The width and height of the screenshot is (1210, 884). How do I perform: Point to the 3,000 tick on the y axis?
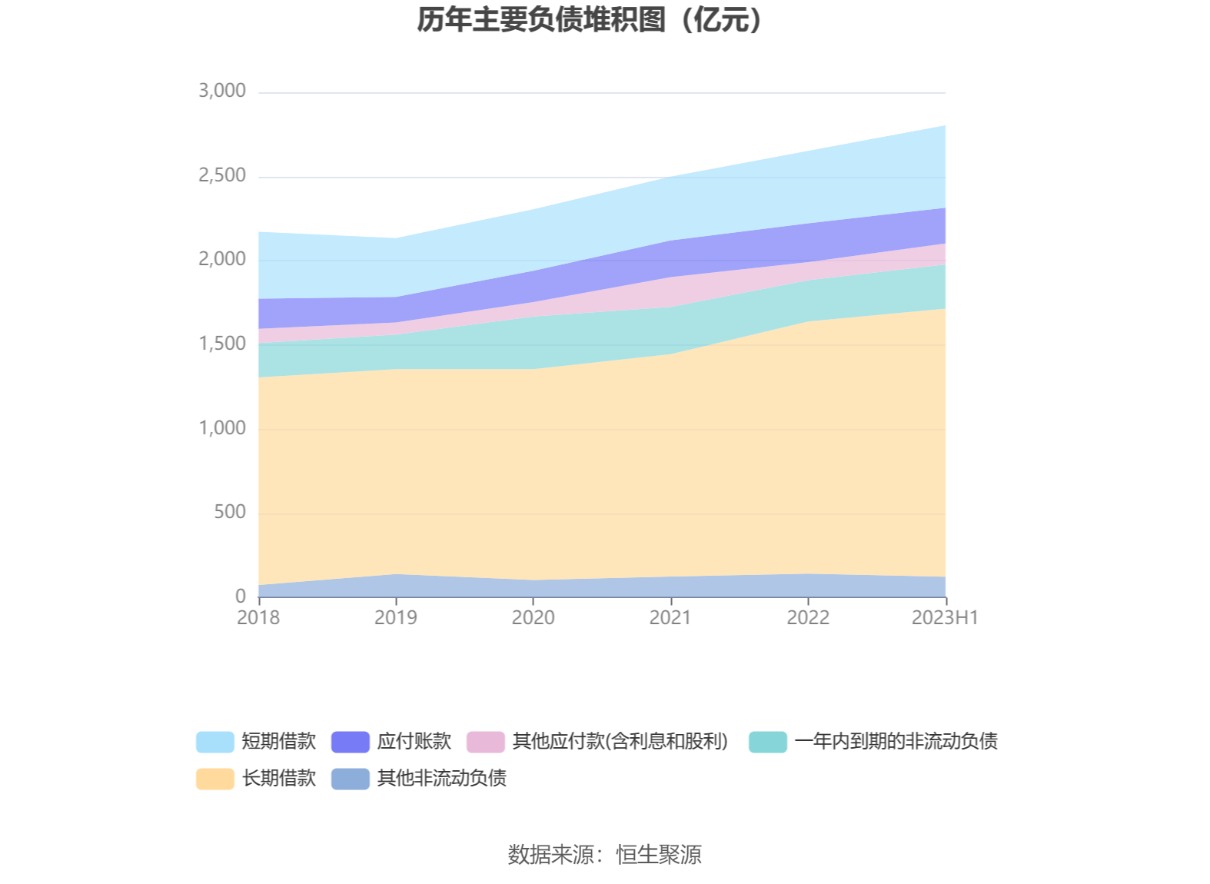[x=222, y=91]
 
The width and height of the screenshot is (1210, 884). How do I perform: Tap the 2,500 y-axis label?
[x=222, y=175]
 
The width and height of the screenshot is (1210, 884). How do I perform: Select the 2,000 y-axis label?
[x=222, y=259]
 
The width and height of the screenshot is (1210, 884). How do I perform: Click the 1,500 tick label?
[x=222, y=344]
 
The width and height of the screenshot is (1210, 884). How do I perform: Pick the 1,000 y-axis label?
[x=222, y=428]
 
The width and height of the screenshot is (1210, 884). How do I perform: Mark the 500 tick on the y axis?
[x=230, y=512]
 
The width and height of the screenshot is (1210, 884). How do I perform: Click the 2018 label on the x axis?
[x=258, y=618]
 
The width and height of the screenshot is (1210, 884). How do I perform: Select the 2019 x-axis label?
[x=396, y=618]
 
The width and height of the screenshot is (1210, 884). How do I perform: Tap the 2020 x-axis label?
[x=534, y=618]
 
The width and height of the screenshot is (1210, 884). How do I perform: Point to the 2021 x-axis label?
[x=670, y=618]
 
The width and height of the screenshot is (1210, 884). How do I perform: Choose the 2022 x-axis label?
[x=808, y=618]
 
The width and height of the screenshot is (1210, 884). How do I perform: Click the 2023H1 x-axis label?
[x=945, y=618]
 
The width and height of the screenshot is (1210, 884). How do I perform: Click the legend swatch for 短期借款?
[x=215, y=742]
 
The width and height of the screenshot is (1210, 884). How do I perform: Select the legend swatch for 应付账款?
[x=351, y=742]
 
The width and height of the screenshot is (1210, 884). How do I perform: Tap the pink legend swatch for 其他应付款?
[x=486, y=742]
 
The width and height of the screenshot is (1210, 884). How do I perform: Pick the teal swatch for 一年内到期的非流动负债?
[x=768, y=742]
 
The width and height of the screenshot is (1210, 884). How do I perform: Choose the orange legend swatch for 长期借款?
[x=215, y=779]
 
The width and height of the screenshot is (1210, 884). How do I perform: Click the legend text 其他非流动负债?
[x=442, y=779]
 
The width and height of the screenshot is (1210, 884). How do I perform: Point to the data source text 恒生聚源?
[x=659, y=855]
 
